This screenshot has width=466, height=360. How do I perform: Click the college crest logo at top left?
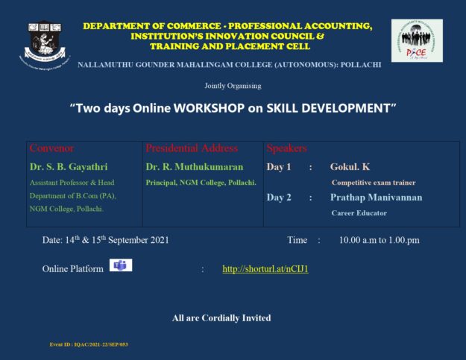point(45,42)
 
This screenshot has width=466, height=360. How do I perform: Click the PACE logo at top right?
point(417,40)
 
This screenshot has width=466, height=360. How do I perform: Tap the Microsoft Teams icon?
point(120,265)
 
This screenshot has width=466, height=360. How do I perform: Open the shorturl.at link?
point(265,268)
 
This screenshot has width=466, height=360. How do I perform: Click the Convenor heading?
point(51,148)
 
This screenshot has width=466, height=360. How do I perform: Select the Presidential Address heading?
point(192,148)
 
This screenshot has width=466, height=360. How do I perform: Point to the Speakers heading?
point(286,148)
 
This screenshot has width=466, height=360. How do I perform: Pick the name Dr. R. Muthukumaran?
point(195,167)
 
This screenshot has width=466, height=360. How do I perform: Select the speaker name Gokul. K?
point(350,167)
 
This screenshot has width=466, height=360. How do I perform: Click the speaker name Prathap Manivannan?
point(376,198)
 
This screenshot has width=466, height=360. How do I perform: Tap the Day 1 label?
point(279,167)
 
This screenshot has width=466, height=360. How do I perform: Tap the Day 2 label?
point(279,198)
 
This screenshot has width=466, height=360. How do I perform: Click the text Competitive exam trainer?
point(374,183)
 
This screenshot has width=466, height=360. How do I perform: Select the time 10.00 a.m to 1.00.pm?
point(379,240)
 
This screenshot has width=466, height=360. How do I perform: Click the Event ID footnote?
point(89,345)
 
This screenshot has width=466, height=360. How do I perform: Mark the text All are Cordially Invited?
point(221,318)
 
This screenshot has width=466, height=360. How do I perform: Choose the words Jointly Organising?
point(232,85)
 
